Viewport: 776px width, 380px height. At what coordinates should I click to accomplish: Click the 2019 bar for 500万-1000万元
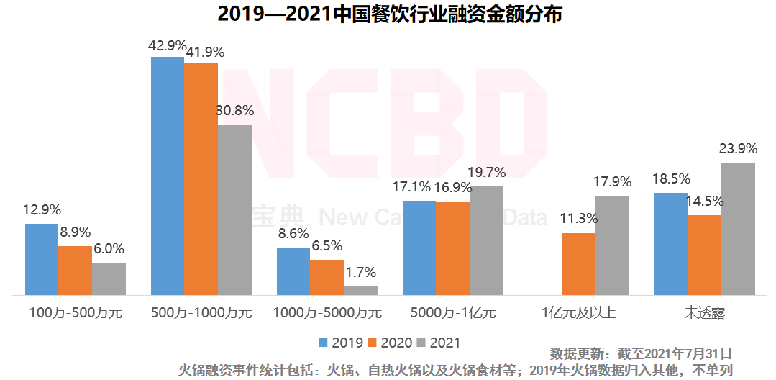(167, 176)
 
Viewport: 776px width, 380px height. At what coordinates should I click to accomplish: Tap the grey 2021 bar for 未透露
(738, 229)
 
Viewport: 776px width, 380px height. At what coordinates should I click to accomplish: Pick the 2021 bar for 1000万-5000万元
(360, 291)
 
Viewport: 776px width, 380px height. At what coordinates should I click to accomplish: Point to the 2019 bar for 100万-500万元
(42, 259)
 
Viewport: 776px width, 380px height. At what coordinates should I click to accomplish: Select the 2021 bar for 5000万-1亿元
(486, 240)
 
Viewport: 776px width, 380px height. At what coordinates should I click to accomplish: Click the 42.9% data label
(167, 45)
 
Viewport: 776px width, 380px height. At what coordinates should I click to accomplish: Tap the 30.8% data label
(234, 111)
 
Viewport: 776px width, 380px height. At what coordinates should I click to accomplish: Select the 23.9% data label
(738, 149)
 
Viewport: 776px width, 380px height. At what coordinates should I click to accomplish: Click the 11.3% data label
(578, 219)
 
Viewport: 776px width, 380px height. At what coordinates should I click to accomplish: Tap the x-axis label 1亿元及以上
(578, 313)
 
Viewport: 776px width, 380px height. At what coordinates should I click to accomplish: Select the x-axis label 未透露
(705, 313)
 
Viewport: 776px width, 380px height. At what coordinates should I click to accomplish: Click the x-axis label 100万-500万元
(76, 313)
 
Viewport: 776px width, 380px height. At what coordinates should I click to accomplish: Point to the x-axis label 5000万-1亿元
(453, 313)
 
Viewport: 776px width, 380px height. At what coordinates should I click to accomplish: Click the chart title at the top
(388, 14)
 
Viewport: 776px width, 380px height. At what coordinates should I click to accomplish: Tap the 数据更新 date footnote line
(641, 354)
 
